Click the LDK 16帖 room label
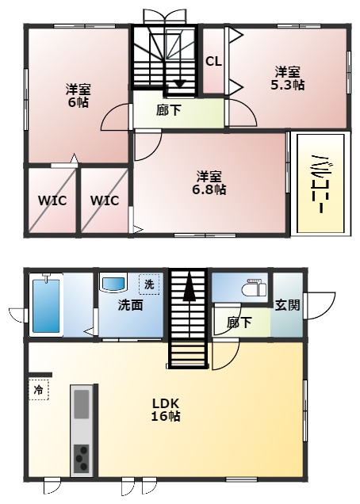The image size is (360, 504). click(166, 410)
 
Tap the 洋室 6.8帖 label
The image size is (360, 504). click(209, 183)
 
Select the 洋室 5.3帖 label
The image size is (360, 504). click(287, 78)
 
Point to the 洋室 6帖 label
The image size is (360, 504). click(79, 95)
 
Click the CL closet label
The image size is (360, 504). click(213, 61)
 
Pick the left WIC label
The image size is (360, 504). click(52, 200)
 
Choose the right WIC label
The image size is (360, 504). click(105, 200)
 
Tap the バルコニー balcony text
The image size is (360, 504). click(320, 184)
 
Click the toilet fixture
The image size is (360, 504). click(255, 287)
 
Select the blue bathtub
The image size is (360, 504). click(46, 306)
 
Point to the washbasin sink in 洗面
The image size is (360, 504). click(113, 283)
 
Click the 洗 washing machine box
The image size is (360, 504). click(149, 284)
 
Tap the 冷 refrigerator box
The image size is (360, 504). click(39, 390)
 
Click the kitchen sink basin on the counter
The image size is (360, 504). click(81, 404)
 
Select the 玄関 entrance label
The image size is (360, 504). click(287, 305)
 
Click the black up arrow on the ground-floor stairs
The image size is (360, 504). click(190, 286)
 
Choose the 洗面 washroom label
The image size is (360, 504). click(130, 305)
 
